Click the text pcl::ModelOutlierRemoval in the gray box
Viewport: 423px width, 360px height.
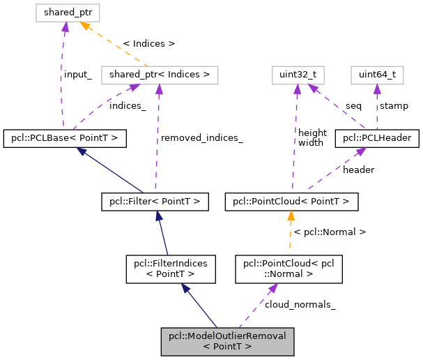click(x=227, y=336)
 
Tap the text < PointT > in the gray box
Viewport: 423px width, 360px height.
click(x=227, y=346)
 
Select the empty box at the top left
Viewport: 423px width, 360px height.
click(x=68, y=13)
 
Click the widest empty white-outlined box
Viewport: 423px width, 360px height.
click(x=160, y=75)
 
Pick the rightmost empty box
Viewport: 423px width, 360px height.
click(x=377, y=75)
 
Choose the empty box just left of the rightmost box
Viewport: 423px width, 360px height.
click(x=298, y=75)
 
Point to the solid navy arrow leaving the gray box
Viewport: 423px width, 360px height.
click(x=200, y=306)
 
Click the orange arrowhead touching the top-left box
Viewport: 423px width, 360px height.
click(x=84, y=26)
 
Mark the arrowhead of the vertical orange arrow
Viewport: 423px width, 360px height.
click(x=291, y=216)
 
